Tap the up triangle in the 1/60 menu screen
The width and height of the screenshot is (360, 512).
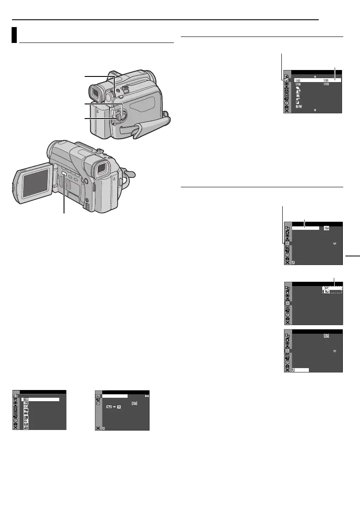pos(315,76)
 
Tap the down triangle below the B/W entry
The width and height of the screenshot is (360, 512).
pos(315,110)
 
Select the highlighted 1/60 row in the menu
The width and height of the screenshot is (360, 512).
pos(317,80)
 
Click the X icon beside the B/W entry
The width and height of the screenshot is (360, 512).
pos(287,110)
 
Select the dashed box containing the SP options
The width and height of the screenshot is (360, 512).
pos(333,289)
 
